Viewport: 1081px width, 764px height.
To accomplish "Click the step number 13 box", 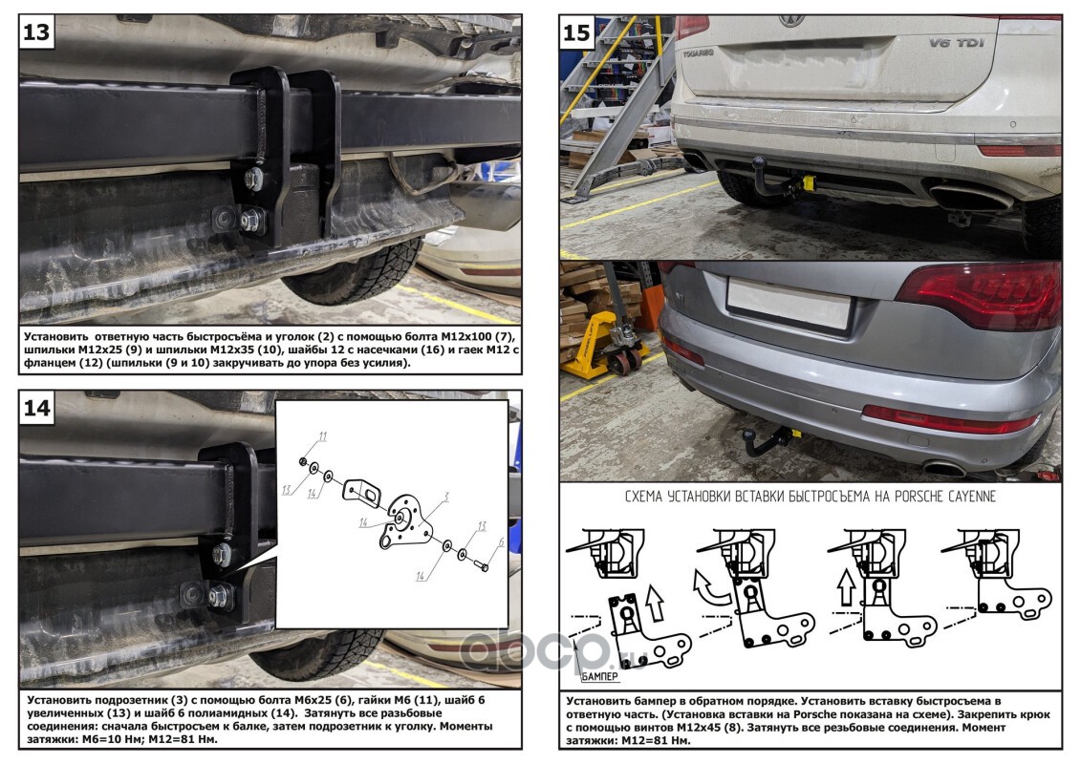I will (36, 33).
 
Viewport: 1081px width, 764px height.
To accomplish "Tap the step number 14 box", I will (36, 409).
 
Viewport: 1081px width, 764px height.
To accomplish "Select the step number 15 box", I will (576, 33).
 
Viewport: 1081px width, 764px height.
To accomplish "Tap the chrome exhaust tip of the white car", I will (967, 200).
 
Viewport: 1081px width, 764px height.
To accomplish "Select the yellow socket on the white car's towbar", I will (808, 181).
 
